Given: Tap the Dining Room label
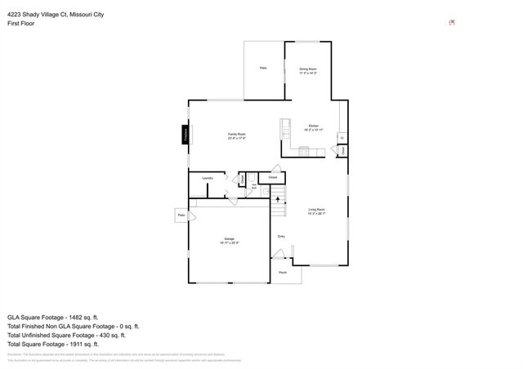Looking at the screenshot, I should [x=307, y=70].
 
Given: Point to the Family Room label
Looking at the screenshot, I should [x=237, y=135].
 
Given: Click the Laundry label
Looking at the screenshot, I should [x=208, y=177].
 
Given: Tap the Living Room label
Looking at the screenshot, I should [x=316, y=211].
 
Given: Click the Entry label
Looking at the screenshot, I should [x=280, y=237].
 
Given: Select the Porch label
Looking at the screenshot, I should [x=283, y=272].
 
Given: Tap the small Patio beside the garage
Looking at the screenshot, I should [x=181, y=215].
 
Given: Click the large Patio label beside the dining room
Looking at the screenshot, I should [x=263, y=68].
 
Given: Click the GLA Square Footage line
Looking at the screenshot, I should [x=53, y=317].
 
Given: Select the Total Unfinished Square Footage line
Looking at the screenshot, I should [x=66, y=335].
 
